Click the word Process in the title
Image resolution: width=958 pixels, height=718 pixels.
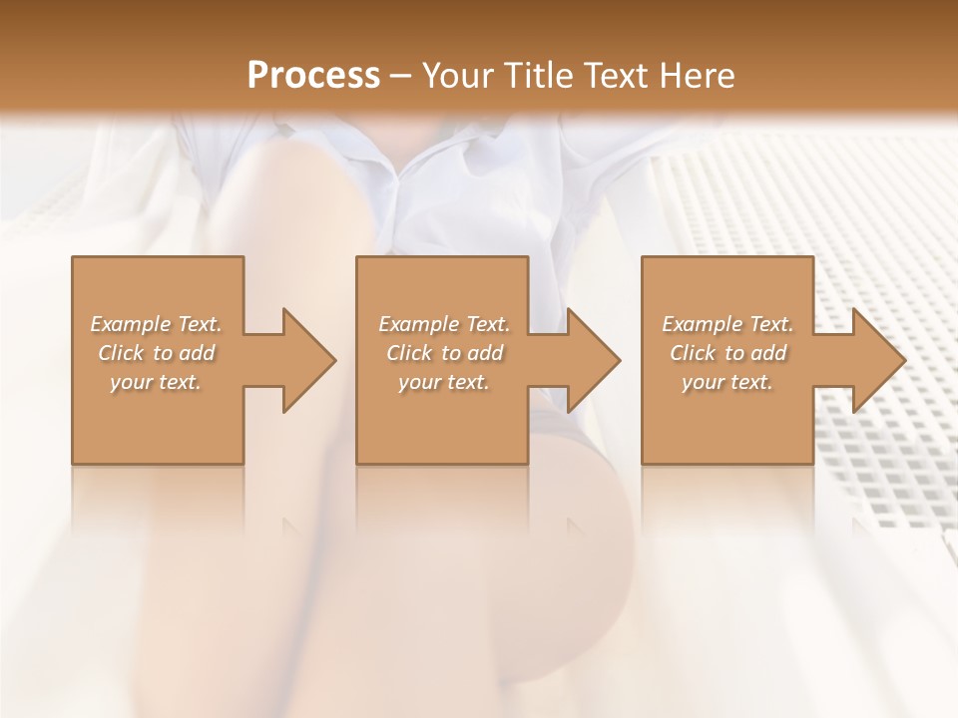point(313,76)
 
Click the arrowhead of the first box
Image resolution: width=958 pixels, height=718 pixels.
point(309,361)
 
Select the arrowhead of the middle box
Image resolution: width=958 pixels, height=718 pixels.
point(594,361)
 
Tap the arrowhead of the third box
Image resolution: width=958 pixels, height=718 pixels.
point(878,361)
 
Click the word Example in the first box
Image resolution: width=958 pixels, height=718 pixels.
point(130,324)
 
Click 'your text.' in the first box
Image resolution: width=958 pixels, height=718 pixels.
point(157,382)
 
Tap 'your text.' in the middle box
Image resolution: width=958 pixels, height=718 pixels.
point(444,382)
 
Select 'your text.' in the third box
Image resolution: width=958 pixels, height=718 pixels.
point(727,382)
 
